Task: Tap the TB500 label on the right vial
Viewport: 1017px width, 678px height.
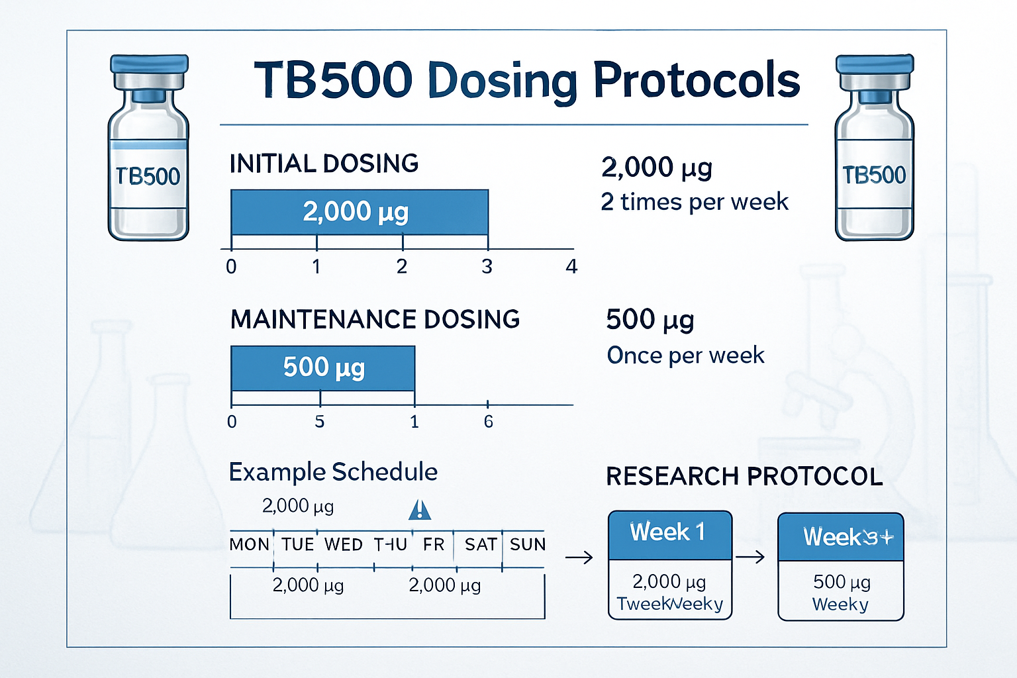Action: coord(874,175)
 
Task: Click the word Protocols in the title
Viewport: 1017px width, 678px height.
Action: coord(696,81)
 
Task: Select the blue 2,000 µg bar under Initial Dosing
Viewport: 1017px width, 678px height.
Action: coord(359,212)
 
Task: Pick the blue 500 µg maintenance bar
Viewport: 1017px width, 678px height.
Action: coord(322,367)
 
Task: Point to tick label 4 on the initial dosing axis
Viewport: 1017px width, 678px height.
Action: coord(571,266)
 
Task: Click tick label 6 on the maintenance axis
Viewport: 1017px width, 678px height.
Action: coord(488,422)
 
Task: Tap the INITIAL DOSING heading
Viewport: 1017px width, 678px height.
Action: coord(324,164)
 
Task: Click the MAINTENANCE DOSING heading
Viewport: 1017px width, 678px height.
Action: coord(375,319)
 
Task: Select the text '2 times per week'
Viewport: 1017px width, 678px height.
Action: coord(694,201)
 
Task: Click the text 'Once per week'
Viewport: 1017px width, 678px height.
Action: coord(685,356)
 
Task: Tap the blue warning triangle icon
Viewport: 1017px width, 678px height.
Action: coord(420,510)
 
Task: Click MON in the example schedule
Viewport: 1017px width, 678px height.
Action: coord(249,545)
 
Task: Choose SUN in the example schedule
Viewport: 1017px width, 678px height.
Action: coord(527,545)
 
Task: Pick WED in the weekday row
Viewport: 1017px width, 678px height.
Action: coord(343,545)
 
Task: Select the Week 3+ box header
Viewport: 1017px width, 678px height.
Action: coord(840,537)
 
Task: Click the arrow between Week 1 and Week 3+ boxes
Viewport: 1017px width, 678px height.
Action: coord(750,557)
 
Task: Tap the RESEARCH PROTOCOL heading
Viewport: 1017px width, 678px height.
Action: coord(744,477)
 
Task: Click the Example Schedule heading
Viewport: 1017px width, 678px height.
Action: coord(333,472)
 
